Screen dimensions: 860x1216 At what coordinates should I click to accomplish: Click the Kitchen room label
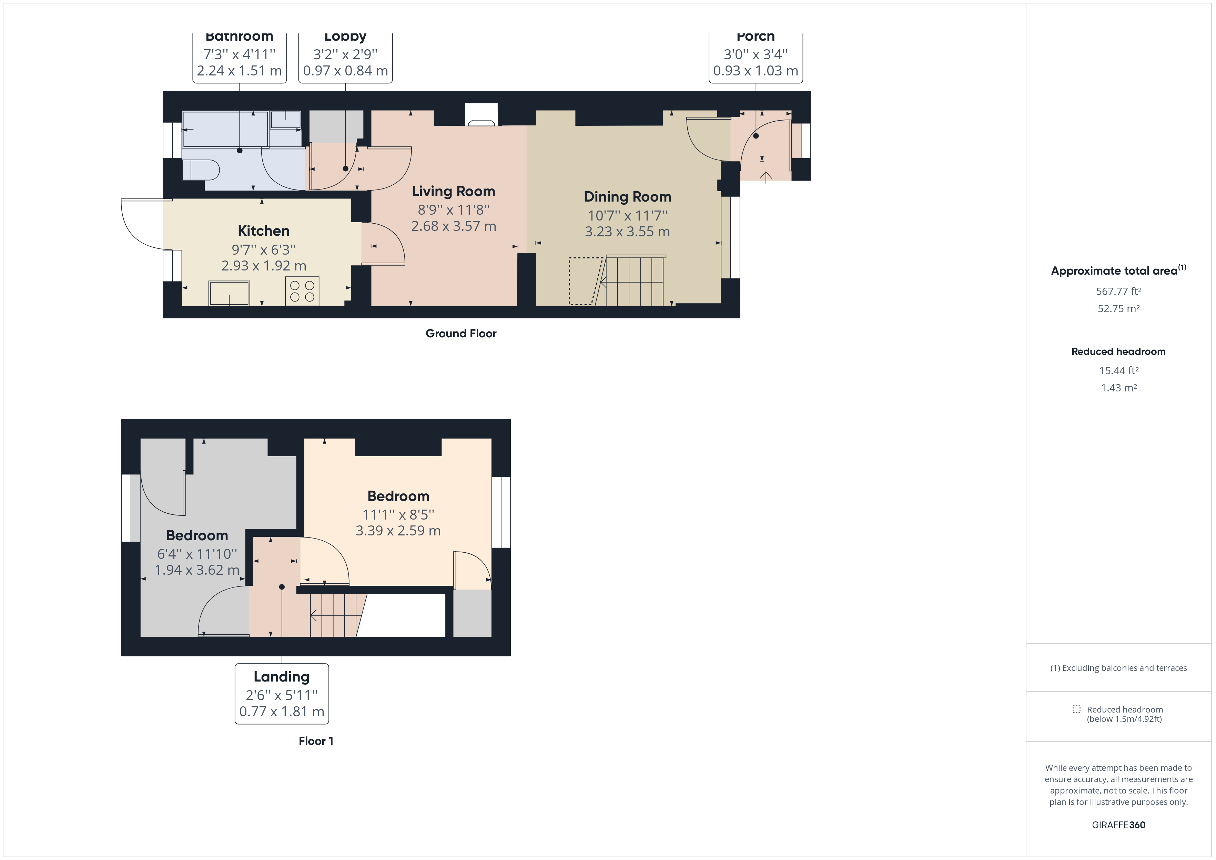tap(263, 231)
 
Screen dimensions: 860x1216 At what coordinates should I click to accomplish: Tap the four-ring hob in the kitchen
tap(302, 291)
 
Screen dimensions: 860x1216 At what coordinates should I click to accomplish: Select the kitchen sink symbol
tap(229, 293)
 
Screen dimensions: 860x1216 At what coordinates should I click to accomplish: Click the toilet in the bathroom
tap(201, 170)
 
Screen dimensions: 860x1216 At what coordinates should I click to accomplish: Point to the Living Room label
tap(453, 191)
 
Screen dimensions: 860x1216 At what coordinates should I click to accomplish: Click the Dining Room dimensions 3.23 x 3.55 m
tap(627, 232)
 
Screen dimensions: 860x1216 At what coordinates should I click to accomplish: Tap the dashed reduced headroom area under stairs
tap(585, 281)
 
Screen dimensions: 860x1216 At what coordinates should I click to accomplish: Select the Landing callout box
tap(282, 694)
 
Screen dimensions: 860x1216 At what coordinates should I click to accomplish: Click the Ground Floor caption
tap(461, 334)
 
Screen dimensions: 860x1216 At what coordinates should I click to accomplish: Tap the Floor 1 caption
tap(316, 741)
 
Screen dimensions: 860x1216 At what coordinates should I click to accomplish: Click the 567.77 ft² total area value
tap(1118, 291)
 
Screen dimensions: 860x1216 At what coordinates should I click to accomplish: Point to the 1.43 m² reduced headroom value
tap(1118, 388)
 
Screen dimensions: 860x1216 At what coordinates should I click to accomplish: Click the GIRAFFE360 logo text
tap(1118, 825)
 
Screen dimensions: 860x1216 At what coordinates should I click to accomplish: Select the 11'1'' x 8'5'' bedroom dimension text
tap(398, 514)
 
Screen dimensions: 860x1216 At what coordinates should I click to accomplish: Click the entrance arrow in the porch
tap(766, 177)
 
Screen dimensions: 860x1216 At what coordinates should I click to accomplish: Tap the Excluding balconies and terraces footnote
tap(1118, 668)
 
